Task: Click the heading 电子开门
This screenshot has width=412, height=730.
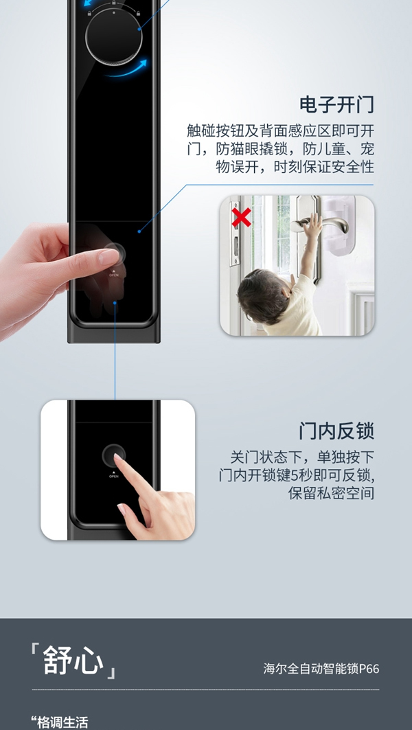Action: coord(336,105)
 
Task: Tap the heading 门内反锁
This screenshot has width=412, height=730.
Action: coord(336,431)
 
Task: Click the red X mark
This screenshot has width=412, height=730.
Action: coord(241,218)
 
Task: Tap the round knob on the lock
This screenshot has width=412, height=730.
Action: coord(113,36)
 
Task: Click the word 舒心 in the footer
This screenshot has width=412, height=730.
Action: coord(73,660)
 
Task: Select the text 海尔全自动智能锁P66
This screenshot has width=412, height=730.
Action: coord(321,668)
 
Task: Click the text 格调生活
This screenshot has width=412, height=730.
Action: coord(60,722)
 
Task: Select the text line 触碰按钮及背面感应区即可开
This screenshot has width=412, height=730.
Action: coord(280,130)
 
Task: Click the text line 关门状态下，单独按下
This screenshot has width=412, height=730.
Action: coord(302,457)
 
